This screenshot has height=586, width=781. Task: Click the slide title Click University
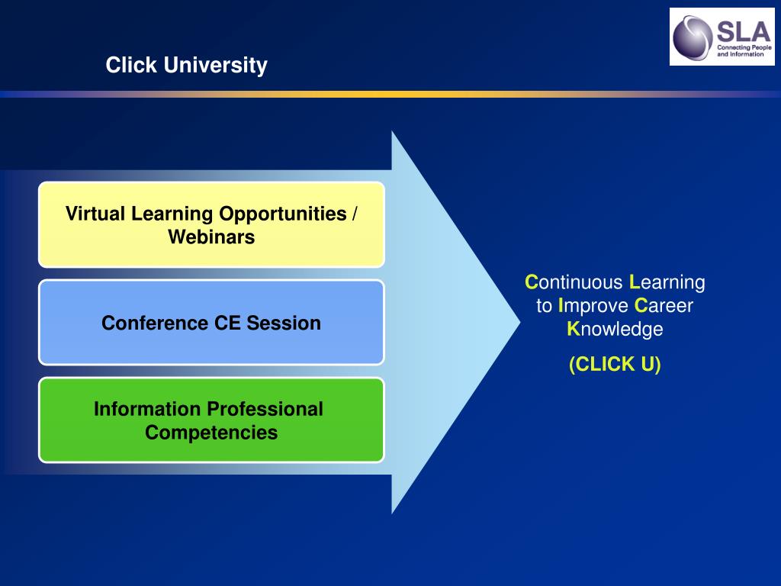coord(186,66)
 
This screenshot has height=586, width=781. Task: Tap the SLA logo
coord(722,37)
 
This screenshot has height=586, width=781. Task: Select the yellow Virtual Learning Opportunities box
coord(212,225)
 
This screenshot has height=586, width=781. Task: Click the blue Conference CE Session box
coord(212,323)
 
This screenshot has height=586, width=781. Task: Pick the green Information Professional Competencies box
coord(212,420)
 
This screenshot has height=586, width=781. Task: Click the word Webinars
coord(211,237)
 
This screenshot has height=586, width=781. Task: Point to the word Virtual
coord(95,214)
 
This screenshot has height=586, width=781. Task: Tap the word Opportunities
coord(283,214)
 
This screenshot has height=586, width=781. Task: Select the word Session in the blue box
coord(284,323)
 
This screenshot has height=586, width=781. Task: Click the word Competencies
coord(211,433)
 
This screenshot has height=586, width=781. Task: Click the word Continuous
coord(574,282)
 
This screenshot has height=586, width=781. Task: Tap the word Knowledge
coord(615,330)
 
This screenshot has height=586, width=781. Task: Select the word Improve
coord(593,306)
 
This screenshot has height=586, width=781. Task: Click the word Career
coord(664,305)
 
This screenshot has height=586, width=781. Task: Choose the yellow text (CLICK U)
coord(615,364)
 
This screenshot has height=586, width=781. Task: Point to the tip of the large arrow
coord(520,323)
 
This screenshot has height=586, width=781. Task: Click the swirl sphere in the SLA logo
coord(693,38)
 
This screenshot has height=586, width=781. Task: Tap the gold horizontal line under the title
coord(390,94)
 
